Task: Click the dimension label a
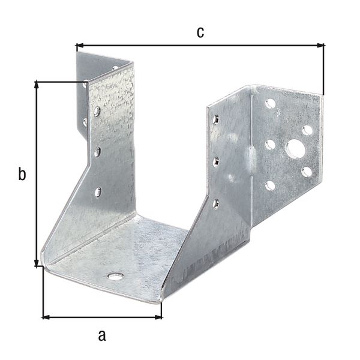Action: [101, 334]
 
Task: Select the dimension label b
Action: [22, 175]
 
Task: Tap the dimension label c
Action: [200, 32]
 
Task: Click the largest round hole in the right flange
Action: [295, 148]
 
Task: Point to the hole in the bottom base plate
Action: [115, 276]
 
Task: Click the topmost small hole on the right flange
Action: [271, 104]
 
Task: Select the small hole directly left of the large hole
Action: [270, 144]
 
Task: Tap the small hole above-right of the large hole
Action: [307, 130]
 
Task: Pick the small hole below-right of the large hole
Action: [307, 172]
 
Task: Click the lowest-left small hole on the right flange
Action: [270, 185]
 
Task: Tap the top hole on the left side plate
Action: [97, 111]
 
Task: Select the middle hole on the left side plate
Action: [97, 152]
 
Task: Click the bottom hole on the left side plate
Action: [98, 192]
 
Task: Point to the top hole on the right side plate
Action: [215, 119]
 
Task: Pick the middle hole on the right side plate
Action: [215, 160]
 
